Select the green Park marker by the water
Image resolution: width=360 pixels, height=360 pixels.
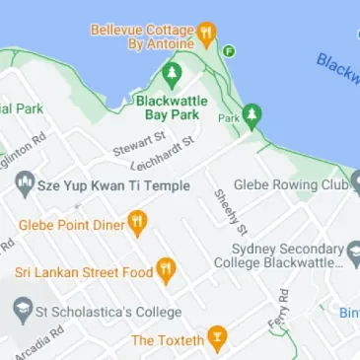pos(252,115)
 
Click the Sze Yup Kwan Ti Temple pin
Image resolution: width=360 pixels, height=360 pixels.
pos(25,183)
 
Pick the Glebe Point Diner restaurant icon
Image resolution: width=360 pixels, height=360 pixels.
pos(137,223)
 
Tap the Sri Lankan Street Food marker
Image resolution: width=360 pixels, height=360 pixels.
pos(167,268)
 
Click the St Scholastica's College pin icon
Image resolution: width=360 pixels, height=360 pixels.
pos(22,312)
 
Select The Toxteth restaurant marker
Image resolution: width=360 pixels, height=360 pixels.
pos(217,339)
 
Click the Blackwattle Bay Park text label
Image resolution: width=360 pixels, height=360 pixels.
pos(177,108)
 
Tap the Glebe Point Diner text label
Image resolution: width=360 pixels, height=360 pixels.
pos(65,224)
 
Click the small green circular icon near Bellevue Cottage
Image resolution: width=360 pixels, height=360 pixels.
pos(229,50)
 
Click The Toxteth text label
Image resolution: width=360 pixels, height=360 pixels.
pos(168,340)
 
